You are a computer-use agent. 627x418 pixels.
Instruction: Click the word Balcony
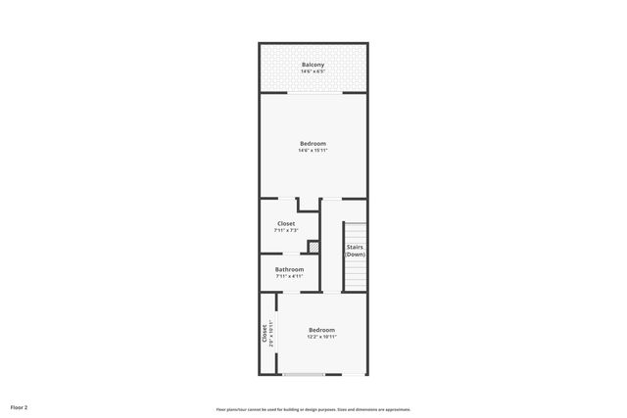[x=313, y=65]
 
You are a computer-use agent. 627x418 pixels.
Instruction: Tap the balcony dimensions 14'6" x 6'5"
[x=313, y=71]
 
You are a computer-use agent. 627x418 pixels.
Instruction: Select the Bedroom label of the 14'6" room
[x=313, y=144]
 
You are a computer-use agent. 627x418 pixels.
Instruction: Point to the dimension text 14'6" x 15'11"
[x=313, y=151]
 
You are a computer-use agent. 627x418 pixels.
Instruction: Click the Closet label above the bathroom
[x=286, y=223]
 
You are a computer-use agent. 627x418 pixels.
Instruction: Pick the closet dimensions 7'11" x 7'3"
[x=286, y=230]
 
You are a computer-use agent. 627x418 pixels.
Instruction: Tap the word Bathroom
[x=289, y=269]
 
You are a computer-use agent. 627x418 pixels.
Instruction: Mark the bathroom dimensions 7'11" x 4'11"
[x=289, y=276]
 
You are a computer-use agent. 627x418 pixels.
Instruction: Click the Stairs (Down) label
[x=355, y=251]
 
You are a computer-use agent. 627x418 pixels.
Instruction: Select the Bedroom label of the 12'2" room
[x=321, y=329]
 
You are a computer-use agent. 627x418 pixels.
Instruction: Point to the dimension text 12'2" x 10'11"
[x=321, y=336]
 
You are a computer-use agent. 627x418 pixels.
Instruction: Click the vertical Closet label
[x=264, y=333]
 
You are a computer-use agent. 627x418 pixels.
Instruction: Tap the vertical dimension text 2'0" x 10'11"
[x=270, y=333]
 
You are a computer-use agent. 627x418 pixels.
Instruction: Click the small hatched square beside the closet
[x=313, y=247]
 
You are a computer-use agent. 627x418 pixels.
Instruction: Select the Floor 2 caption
[x=19, y=406]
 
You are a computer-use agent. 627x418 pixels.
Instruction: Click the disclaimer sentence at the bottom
[x=313, y=409]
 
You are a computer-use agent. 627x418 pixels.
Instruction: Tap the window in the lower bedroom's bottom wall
[x=304, y=374]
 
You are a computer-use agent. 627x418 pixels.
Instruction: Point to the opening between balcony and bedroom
[x=314, y=93]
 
